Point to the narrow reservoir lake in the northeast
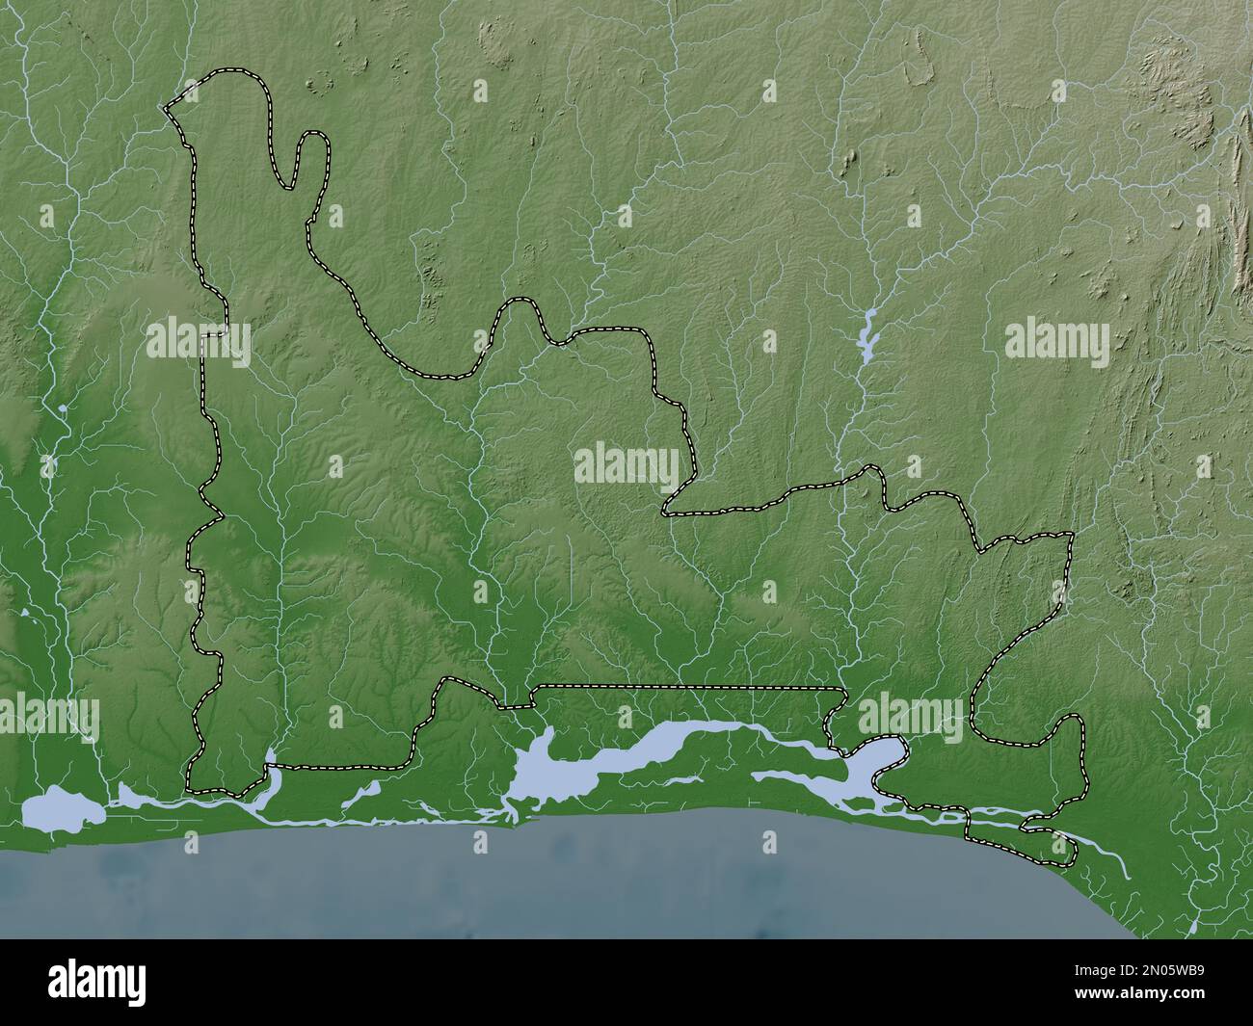867,335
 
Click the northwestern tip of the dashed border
166,107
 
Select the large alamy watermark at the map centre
626,466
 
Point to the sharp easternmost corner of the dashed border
1072,533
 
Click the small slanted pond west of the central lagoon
363,792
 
